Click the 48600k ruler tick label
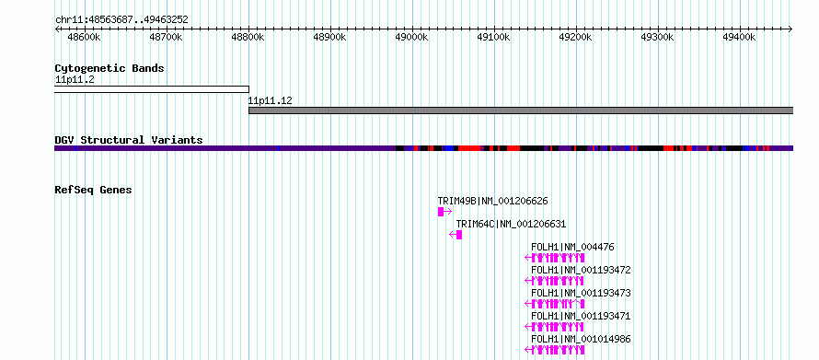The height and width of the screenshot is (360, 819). point(84,37)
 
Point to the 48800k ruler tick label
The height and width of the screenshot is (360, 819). point(248,37)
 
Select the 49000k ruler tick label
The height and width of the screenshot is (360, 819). point(411,37)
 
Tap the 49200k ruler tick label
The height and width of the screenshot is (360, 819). point(575,37)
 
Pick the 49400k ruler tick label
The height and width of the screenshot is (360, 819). point(739,37)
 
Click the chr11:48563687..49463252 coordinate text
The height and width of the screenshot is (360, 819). point(121,20)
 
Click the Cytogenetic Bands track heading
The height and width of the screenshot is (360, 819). point(110,68)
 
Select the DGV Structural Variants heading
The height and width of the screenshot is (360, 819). point(129,140)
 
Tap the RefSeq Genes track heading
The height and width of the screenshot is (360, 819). point(93,190)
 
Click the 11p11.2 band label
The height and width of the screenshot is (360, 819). point(75,80)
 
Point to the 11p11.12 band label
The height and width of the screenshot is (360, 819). point(270,101)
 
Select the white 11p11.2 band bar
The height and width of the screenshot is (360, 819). point(152,89)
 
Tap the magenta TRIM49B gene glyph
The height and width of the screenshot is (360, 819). point(444,212)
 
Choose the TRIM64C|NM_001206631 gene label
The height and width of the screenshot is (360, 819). point(511,224)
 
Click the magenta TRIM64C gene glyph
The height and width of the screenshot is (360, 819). point(456,235)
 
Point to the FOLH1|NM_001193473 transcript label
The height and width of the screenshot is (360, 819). point(581,293)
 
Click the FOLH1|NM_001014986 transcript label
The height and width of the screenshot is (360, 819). point(581,339)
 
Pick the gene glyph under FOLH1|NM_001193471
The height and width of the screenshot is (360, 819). point(555,327)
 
